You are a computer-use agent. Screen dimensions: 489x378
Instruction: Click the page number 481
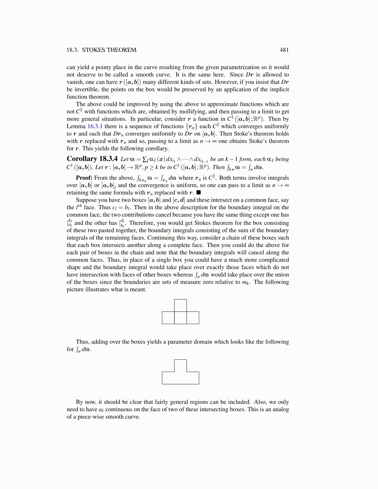[284, 50]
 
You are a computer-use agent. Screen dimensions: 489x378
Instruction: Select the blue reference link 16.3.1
[95, 126]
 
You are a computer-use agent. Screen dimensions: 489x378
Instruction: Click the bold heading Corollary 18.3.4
[92, 159]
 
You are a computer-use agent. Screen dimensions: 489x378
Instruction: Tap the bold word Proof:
[84, 178]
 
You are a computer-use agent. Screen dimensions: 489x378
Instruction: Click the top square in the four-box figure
[180, 305]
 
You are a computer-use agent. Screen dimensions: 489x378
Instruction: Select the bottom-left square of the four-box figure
[168, 318]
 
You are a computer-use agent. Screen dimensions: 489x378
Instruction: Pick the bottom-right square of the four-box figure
[193, 318]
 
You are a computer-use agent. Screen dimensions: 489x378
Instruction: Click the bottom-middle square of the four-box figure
[180, 318]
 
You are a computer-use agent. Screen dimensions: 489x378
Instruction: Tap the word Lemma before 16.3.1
[76, 126]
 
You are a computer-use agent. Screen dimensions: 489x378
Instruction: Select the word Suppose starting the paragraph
[86, 200]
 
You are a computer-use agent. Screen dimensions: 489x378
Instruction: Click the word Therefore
[142, 223]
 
